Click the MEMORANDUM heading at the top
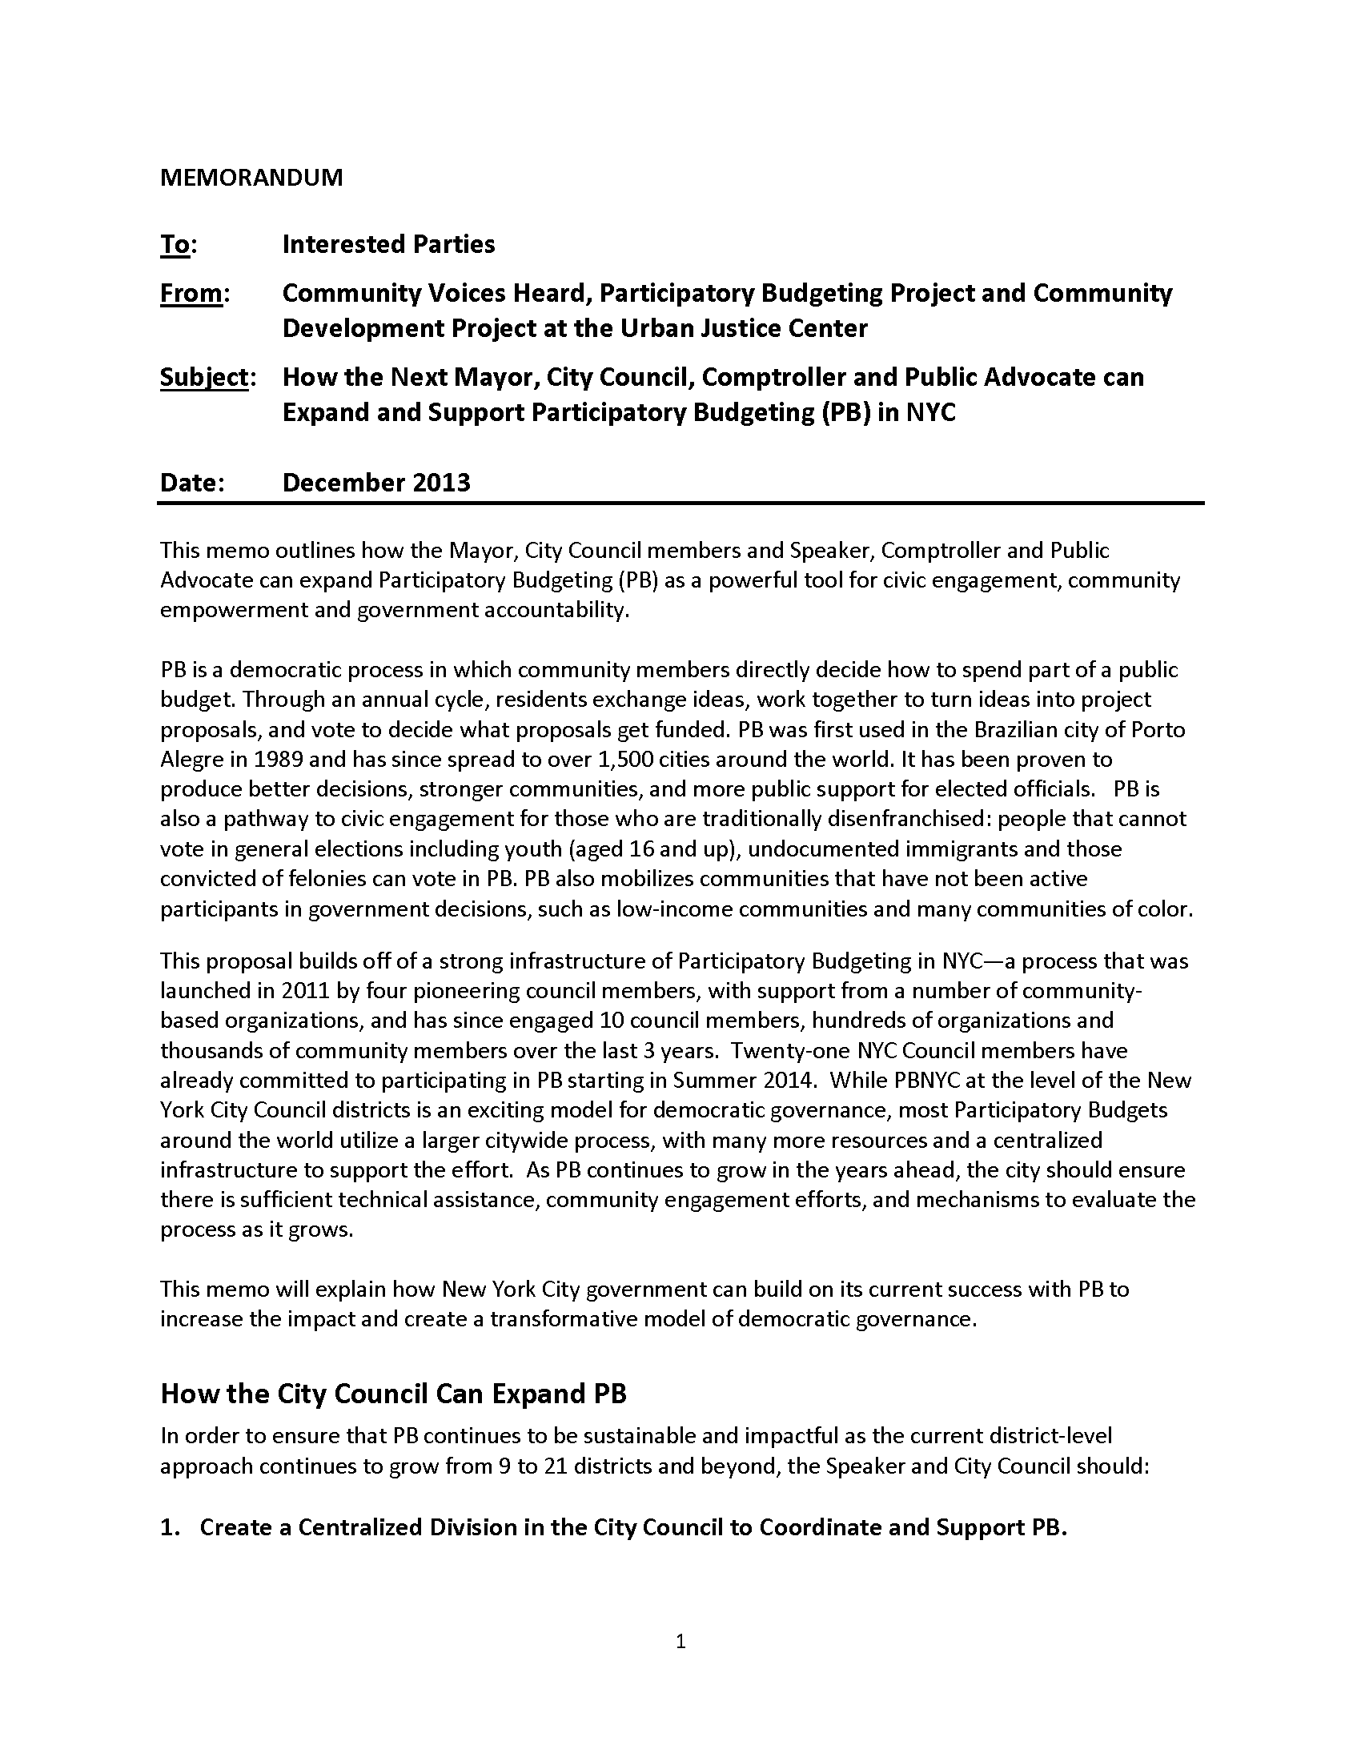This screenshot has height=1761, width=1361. pos(251,178)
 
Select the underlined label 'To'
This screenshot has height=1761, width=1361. pos(175,244)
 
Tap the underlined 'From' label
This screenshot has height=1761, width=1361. pos(191,294)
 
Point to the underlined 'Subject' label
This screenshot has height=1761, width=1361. pos(204,377)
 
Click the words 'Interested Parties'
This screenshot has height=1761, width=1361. pos(388,244)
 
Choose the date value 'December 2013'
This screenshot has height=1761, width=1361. pos(376,482)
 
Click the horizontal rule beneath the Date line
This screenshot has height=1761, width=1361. pos(680,503)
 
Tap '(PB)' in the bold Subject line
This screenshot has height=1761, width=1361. pos(845,413)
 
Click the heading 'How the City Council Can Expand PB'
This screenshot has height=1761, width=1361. pos(393,1394)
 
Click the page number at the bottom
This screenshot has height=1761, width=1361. pos(680,1642)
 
